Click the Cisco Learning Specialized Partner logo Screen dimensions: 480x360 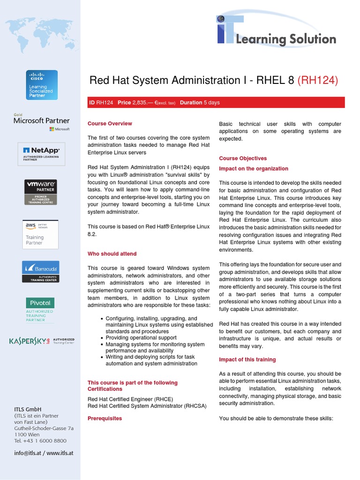coord(42,85)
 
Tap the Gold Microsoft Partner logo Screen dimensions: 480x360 coord(42,122)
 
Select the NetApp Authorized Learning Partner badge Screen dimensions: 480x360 coord(42,154)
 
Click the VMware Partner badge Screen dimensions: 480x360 coord(40,192)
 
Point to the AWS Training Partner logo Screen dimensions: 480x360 coord(40,234)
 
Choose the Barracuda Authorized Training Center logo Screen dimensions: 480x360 coord(41,272)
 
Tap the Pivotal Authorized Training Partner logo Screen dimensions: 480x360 coord(40,309)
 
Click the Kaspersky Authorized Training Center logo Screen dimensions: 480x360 coord(42,341)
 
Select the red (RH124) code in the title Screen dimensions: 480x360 coord(317,81)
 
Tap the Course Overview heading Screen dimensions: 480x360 coord(110,124)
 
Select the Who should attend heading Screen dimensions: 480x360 coord(112,254)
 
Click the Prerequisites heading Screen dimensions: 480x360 coord(105,418)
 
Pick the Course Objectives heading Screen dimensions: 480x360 coord(243,158)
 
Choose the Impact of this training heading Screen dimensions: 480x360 coord(247,360)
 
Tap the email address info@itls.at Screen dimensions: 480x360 coord(27,453)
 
